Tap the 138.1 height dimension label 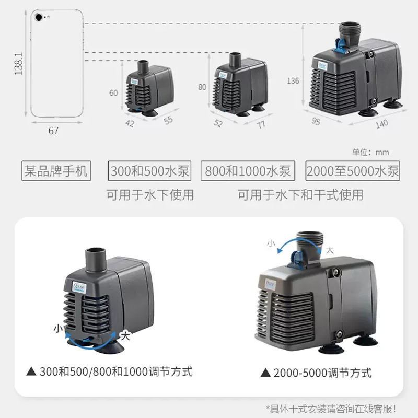[18, 63]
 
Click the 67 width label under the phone [53, 131]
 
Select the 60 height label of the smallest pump [113, 93]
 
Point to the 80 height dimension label [202, 87]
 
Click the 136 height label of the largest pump [293, 80]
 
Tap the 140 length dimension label [382, 124]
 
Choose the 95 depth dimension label [316, 121]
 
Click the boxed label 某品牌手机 [56, 171]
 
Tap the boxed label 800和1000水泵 [248, 171]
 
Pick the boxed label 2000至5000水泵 [353, 171]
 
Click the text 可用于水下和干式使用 [300, 195]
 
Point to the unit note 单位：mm [370, 152]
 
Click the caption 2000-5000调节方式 [316, 373]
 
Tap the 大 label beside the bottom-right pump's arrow [330, 250]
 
